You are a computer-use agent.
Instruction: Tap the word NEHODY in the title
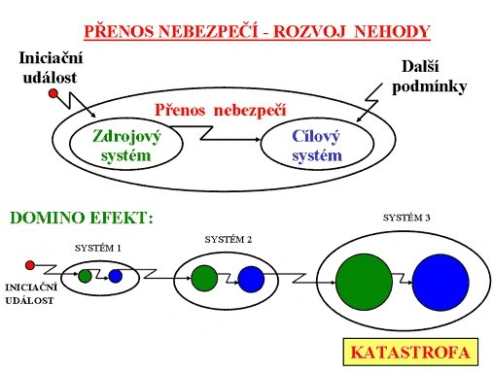392,31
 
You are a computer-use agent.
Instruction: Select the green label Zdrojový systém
126,146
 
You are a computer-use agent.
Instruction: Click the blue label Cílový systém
317,146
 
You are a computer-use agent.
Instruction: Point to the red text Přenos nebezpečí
221,110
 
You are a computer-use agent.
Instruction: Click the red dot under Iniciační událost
53,94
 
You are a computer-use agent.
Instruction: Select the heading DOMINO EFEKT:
82,218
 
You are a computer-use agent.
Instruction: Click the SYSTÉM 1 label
98,249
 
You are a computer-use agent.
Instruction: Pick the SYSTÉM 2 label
229,240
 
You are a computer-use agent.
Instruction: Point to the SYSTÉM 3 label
406,218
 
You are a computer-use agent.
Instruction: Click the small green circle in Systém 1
85,276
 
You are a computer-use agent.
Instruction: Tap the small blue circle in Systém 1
116,276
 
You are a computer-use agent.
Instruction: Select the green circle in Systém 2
204,278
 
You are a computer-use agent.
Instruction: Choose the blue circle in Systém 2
251,279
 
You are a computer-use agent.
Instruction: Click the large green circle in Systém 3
364,282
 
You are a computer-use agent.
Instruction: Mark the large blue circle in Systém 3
440,283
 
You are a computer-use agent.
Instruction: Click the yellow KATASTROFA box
410,352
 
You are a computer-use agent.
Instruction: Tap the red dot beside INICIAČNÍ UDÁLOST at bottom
30,265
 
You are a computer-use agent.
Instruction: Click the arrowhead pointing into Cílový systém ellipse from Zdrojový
258,140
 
